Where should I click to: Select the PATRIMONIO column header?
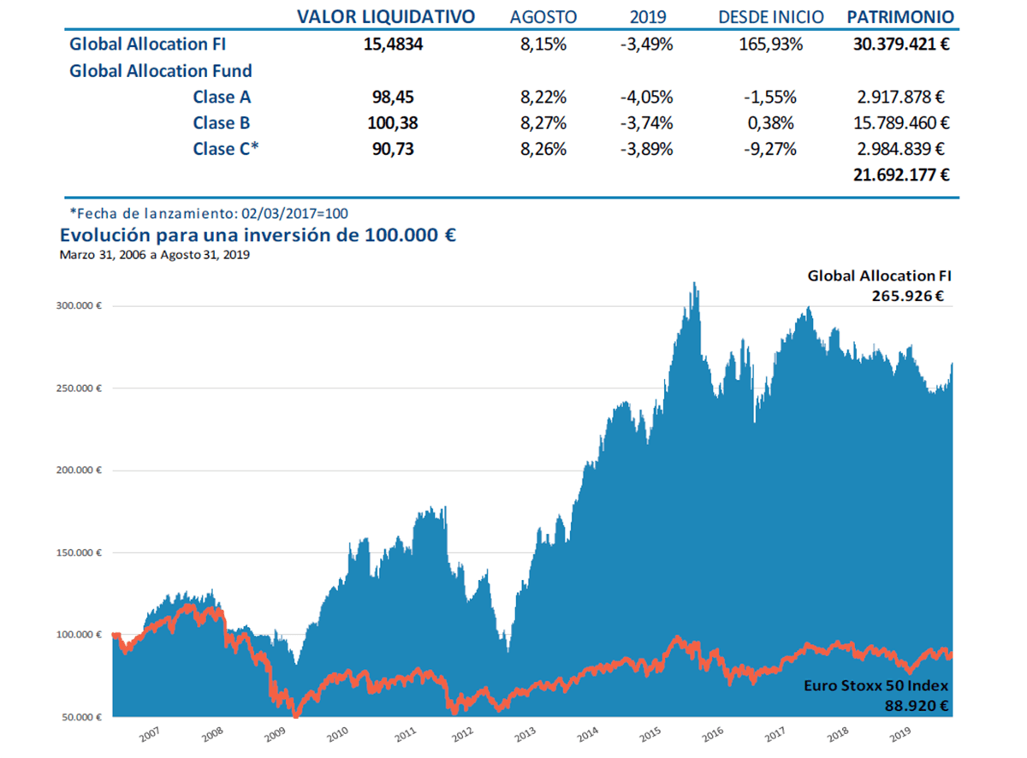(899, 17)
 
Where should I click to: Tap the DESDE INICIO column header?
(770, 17)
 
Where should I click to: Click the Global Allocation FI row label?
(146, 44)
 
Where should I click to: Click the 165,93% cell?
(770, 44)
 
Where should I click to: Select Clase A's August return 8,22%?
(543, 97)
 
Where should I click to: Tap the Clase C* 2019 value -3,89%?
(646, 149)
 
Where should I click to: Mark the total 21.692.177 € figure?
(901, 175)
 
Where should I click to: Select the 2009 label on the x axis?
(276, 734)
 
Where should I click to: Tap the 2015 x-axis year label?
(650, 734)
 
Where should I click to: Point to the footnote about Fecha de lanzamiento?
(210, 213)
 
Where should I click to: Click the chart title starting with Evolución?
(257, 234)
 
